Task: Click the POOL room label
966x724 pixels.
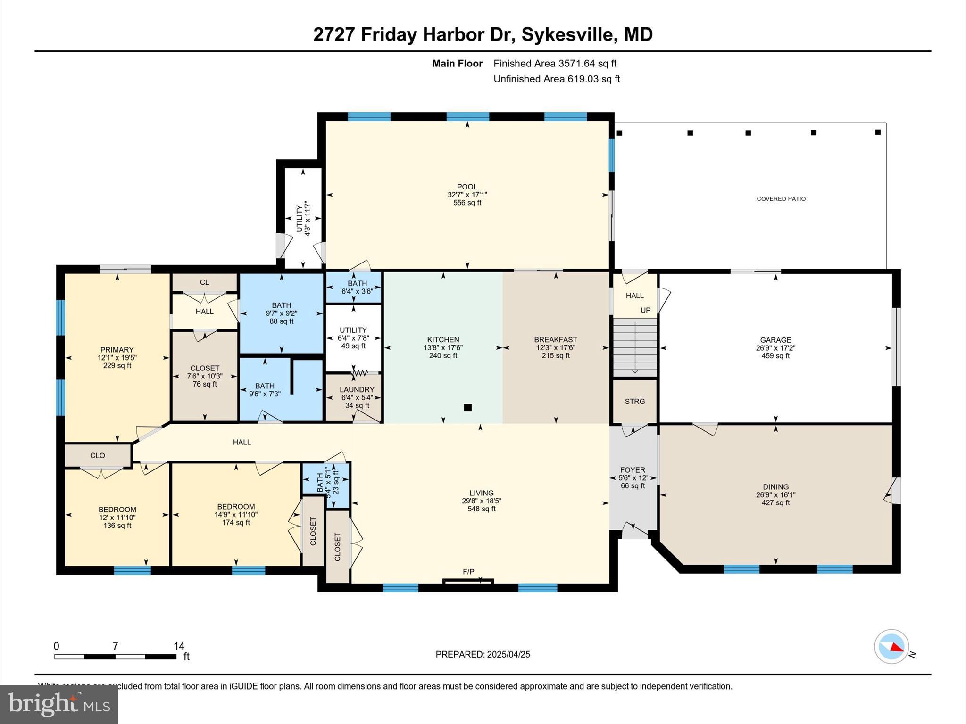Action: click(x=467, y=187)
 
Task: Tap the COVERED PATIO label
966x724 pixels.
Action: click(x=781, y=199)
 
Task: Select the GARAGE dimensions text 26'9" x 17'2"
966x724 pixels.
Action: click(x=775, y=348)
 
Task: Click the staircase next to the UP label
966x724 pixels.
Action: click(x=635, y=347)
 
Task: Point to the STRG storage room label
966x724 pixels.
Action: click(x=634, y=402)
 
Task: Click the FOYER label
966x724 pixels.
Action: click(x=633, y=470)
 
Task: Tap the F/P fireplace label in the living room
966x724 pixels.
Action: click(x=468, y=572)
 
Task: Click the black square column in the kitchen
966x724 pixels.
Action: click(x=468, y=408)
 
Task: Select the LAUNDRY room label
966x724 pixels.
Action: click(x=357, y=389)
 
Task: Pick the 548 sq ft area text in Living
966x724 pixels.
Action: click(x=482, y=509)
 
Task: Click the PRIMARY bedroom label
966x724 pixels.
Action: click(x=117, y=349)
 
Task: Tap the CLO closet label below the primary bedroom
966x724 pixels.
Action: click(x=98, y=455)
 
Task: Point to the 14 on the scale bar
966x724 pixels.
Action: click(x=179, y=646)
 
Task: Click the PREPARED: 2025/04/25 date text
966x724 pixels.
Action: click(x=483, y=654)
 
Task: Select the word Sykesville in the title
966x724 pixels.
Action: click(x=567, y=34)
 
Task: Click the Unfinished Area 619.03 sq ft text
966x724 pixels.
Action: click(x=557, y=79)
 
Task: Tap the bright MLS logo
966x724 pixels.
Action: click(x=59, y=705)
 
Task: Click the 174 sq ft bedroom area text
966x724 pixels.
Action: click(x=236, y=522)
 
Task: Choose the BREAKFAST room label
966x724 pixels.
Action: click(x=556, y=339)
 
